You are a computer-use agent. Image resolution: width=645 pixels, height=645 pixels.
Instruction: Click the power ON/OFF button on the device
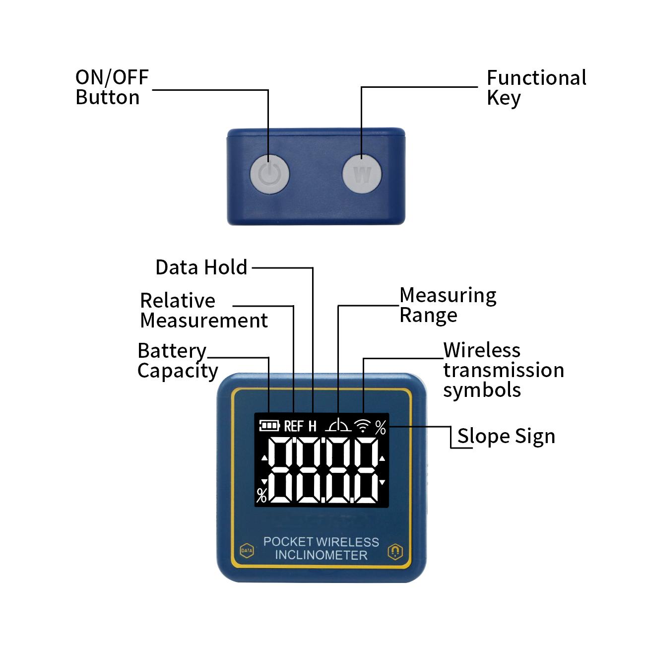click(x=269, y=174)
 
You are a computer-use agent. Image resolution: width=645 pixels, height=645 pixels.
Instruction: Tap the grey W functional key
click(x=362, y=174)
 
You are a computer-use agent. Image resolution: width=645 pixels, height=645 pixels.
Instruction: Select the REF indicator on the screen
click(x=294, y=426)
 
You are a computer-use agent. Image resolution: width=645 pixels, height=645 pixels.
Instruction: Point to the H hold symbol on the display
click(x=312, y=426)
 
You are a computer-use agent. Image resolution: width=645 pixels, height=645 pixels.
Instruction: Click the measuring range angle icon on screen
click(x=338, y=425)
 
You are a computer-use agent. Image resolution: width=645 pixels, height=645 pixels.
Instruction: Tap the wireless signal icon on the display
click(x=363, y=426)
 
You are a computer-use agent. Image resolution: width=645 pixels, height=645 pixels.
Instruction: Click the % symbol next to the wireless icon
click(x=381, y=427)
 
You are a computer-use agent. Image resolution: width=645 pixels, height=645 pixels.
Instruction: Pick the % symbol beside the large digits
click(x=261, y=495)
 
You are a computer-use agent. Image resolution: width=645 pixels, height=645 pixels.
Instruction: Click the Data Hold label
click(x=201, y=267)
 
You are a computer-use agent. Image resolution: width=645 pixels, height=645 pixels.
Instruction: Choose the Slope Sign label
click(x=506, y=437)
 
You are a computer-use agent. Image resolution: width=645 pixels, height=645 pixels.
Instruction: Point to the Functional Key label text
click(x=536, y=88)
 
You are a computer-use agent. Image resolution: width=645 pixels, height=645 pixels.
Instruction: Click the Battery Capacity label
click(x=178, y=361)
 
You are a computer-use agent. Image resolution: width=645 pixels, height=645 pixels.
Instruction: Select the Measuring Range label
click(x=448, y=306)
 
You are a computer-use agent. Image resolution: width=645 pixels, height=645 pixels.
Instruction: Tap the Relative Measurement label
click(x=204, y=310)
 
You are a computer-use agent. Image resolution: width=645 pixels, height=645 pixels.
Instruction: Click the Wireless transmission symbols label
click(x=504, y=370)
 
